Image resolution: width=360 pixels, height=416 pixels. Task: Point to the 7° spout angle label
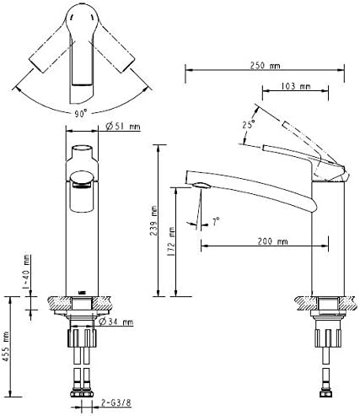(x=216, y=221)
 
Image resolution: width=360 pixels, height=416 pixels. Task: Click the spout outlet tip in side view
(x=196, y=186)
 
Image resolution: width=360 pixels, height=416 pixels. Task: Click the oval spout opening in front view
(x=83, y=177)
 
